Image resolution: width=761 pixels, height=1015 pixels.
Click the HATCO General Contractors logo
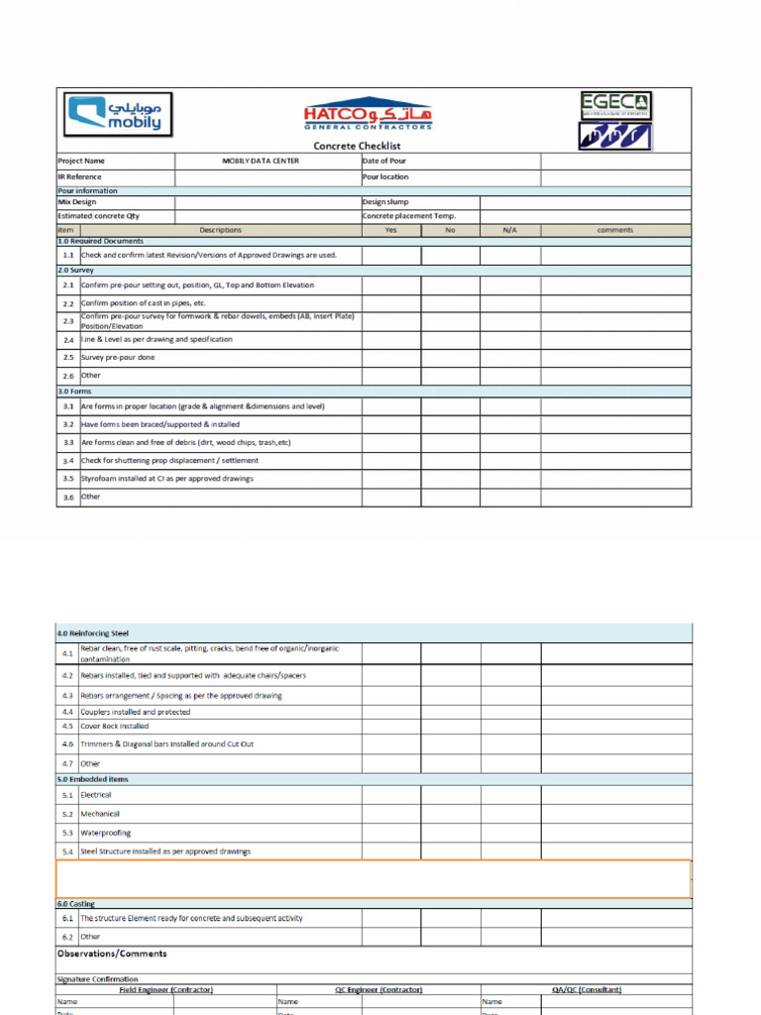(369, 113)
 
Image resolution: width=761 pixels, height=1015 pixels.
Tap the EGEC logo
(615, 105)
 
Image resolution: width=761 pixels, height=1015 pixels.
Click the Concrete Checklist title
(357, 146)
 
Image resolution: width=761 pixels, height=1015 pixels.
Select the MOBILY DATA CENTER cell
(267, 161)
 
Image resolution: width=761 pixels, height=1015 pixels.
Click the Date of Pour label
(384, 161)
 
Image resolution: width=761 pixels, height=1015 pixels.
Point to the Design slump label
(385, 201)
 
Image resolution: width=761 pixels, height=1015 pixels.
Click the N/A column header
(510, 230)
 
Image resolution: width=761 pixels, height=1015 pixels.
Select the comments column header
(614, 230)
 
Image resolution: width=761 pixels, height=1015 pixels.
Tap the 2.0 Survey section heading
(76, 270)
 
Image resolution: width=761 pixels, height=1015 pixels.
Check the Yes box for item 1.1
(390, 255)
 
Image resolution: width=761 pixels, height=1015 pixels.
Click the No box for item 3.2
(450, 424)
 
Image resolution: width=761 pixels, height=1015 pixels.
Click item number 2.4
(68, 340)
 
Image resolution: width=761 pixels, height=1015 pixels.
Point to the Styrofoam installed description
(166, 479)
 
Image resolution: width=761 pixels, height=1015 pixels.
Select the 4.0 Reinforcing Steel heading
(92, 632)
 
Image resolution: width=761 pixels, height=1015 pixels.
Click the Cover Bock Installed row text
(115, 726)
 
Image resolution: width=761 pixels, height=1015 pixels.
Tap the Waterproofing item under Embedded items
(106, 833)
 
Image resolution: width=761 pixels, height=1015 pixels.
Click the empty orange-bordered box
(373, 878)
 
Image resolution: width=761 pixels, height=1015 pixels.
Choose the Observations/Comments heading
(112, 954)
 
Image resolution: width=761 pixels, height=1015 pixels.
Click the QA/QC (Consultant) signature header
(585, 989)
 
